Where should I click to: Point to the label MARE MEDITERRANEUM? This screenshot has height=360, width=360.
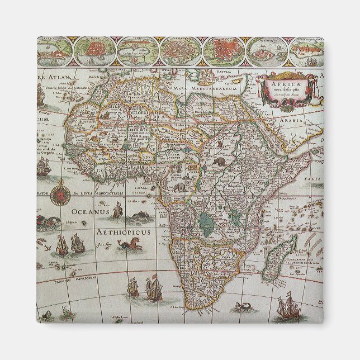click(x=210, y=88)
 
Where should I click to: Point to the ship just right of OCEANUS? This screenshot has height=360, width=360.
click(x=117, y=211)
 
